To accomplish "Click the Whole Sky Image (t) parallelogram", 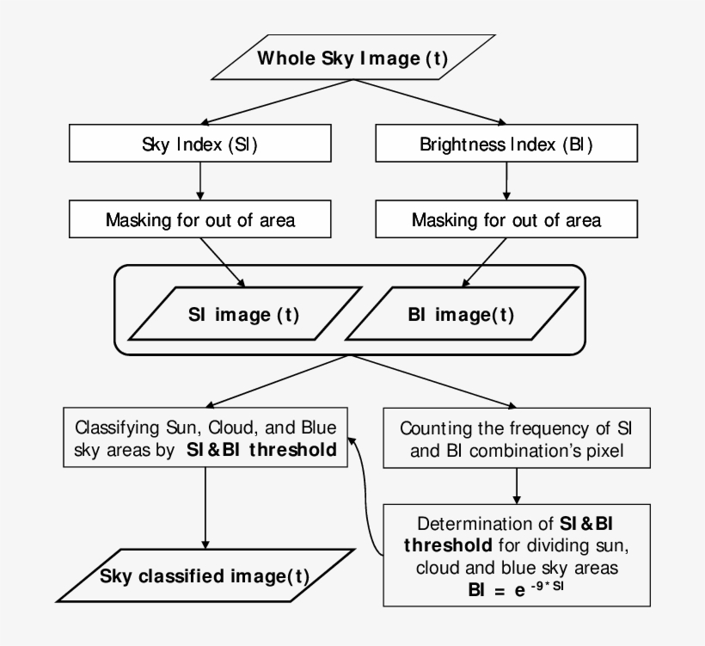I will click(352, 59).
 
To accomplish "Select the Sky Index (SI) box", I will click(200, 145).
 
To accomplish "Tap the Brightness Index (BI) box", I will click(506, 145).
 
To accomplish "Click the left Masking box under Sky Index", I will click(200, 220).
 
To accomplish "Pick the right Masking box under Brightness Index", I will click(506, 220).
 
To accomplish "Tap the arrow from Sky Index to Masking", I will click(200, 181).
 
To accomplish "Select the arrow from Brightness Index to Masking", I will click(506, 181).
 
